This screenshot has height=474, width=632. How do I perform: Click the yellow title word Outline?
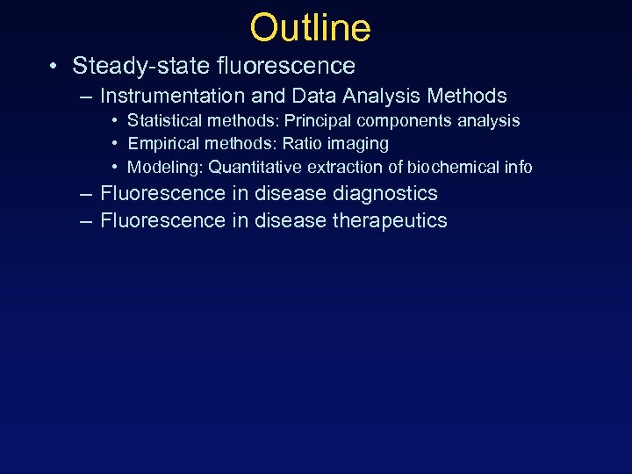(x=310, y=28)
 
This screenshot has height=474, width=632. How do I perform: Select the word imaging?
(x=358, y=144)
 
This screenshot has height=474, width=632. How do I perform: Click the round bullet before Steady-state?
(x=54, y=67)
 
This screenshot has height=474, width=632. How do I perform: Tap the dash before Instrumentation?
(x=84, y=97)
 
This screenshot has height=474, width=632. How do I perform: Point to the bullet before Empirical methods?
(x=115, y=144)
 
